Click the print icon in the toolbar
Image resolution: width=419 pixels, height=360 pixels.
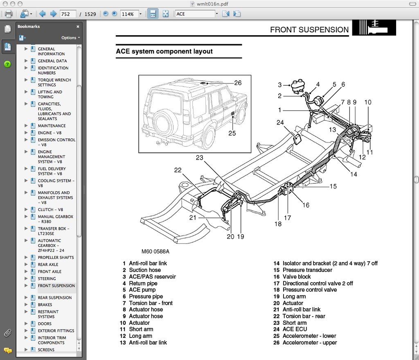(x=8, y=14)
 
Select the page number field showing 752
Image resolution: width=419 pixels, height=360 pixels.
(x=68, y=14)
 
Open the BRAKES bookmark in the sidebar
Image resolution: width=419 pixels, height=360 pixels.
(x=45, y=305)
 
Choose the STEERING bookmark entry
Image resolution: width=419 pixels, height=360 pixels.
(x=47, y=278)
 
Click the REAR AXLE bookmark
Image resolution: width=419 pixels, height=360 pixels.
(x=48, y=265)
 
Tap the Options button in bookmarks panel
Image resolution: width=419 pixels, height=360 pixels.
(x=70, y=38)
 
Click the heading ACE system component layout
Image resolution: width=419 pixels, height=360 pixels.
(x=164, y=52)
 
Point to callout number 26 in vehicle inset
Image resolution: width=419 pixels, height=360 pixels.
(x=238, y=83)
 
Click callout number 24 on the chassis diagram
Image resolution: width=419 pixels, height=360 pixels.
(x=280, y=122)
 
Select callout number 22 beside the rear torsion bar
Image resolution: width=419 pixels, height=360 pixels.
(x=178, y=170)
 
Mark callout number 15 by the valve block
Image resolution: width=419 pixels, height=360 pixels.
(x=333, y=186)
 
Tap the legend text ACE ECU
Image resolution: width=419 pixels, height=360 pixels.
(x=295, y=329)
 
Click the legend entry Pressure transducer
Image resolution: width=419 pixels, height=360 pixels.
(x=307, y=270)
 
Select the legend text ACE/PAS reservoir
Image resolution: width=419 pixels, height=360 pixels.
(x=152, y=276)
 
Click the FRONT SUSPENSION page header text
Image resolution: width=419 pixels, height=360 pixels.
(x=309, y=29)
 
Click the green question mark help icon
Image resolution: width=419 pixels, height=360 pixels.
(x=7, y=64)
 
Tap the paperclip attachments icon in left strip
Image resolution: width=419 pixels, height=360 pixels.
(x=7, y=332)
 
